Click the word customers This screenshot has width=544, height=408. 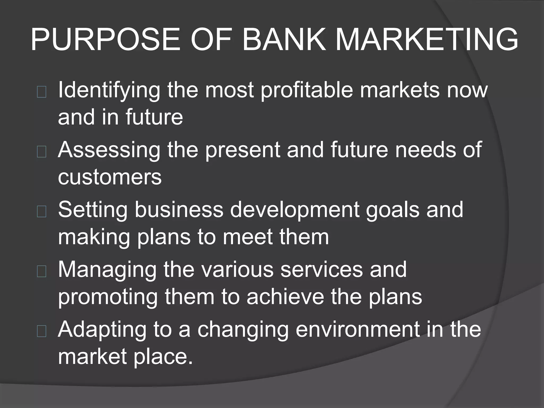point(110,177)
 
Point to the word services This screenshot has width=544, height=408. point(321,270)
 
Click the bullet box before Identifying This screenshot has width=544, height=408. point(42,92)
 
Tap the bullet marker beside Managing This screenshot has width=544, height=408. point(42,271)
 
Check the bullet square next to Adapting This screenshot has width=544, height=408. point(42,331)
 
